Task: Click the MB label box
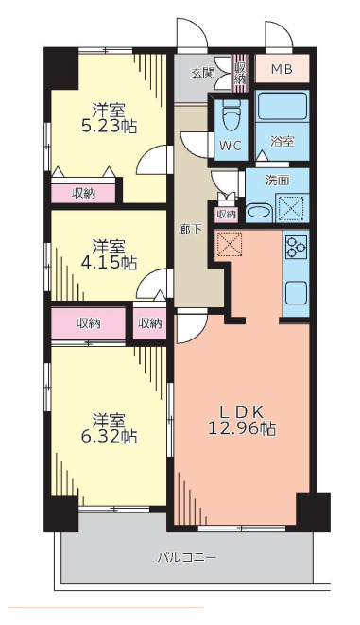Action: click(283, 69)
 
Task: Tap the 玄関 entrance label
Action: click(201, 73)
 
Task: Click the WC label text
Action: click(230, 146)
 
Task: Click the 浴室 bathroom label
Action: click(283, 142)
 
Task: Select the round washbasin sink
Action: click(260, 210)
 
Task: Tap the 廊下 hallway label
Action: click(189, 229)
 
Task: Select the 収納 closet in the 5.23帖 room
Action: click(84, 193)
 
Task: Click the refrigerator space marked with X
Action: click(231, 244)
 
